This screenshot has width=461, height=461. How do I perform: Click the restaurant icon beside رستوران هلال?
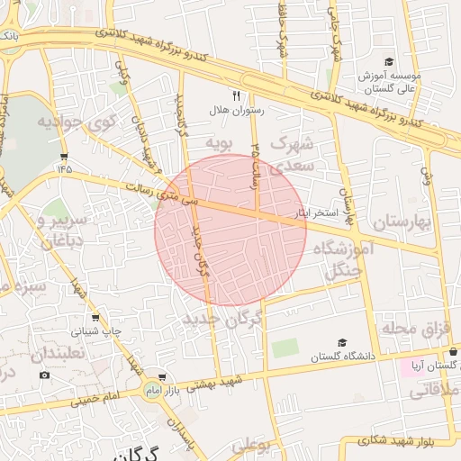click(x=237, y=95)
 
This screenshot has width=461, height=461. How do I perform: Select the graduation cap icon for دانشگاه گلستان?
click(x=341, y=343)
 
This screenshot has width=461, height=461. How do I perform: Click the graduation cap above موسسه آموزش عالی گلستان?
click(x=389, y=62)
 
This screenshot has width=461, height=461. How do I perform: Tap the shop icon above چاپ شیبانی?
click(x=95, y=317)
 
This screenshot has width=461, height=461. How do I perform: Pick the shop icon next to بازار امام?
click(x=161, y=377)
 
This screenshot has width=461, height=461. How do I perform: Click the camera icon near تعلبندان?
click(x=45, y=375)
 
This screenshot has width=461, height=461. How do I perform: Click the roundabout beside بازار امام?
click(x=150, y=389)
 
